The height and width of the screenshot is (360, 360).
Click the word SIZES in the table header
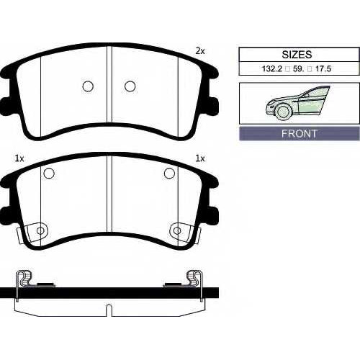point(297,55)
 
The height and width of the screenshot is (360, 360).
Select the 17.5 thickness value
point(323,69)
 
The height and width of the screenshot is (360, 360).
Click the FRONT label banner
point(300,133)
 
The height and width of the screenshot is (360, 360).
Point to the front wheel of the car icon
point(283,111)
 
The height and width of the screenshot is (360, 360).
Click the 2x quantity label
point(200,51)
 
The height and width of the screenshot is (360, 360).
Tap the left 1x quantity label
point(19,158)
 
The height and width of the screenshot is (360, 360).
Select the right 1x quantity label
point(200,158)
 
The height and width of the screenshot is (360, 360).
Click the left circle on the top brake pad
point(88,86)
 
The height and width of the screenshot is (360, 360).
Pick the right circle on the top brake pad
point(130,86)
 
